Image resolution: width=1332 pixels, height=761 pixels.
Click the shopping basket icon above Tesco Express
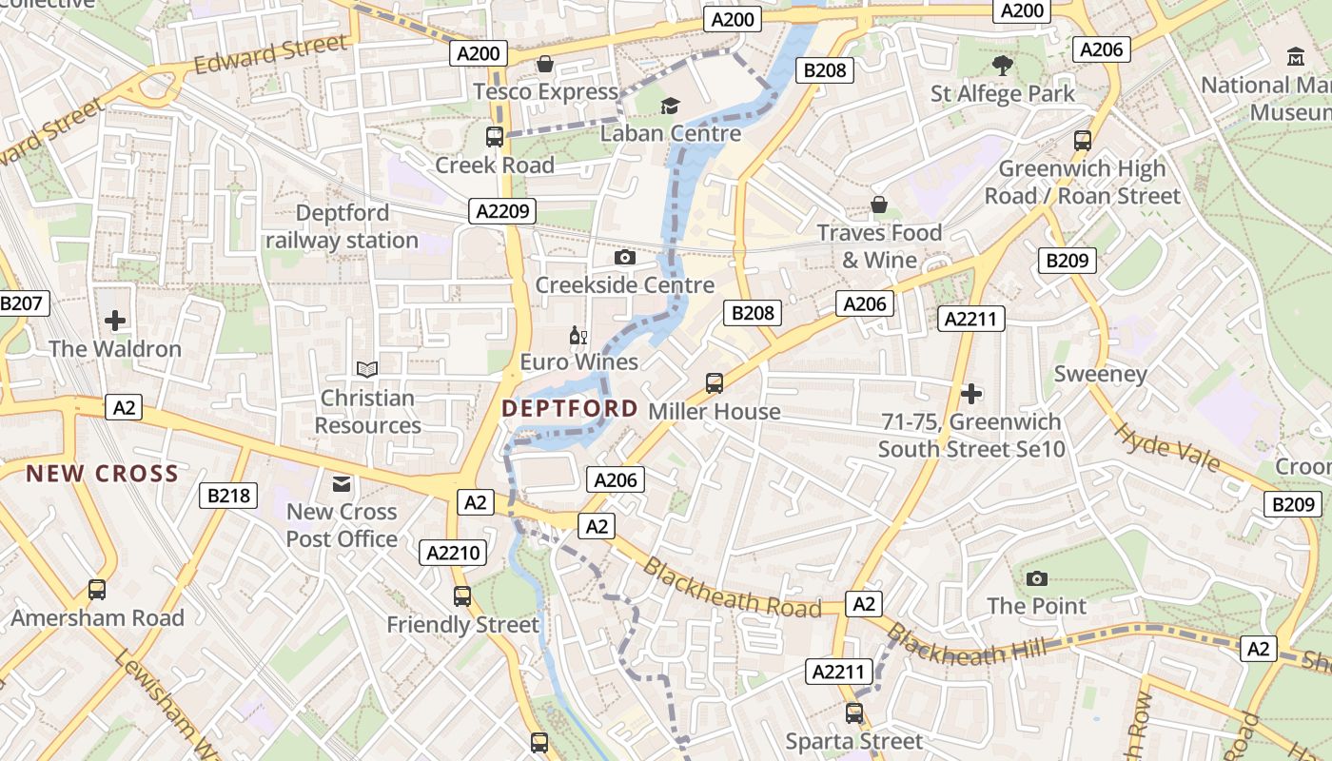point(545,65)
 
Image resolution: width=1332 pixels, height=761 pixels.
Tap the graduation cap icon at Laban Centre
point(671,106)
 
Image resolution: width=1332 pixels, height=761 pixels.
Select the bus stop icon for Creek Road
point(494,137)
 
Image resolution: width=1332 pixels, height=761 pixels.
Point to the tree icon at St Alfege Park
point(1002,66)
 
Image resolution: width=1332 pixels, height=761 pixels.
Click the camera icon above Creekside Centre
point(625,258)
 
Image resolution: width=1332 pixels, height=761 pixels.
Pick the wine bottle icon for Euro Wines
point(578,335)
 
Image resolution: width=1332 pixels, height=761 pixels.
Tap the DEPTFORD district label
point(570,409)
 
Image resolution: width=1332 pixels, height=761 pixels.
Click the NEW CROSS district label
point(102,474)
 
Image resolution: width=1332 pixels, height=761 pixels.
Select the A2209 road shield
point(502,211)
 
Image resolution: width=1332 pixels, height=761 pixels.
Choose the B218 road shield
point(228,495)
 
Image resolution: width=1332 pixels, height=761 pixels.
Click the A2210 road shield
point(455,553)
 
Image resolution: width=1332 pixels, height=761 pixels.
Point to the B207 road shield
point(21,304)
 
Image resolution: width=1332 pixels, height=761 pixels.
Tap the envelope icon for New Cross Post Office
point(342,485)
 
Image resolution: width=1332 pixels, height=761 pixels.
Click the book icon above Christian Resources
point(367,369)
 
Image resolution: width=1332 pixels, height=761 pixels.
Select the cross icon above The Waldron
point(115,321)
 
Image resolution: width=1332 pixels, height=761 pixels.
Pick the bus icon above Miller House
point(715,383)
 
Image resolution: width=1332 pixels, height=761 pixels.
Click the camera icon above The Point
point(1037,578)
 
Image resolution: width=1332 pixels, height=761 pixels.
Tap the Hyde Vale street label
point(1166,447)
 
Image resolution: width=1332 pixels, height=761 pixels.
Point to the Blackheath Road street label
point(731,587)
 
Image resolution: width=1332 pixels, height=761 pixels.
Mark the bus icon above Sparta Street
point(854,712)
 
